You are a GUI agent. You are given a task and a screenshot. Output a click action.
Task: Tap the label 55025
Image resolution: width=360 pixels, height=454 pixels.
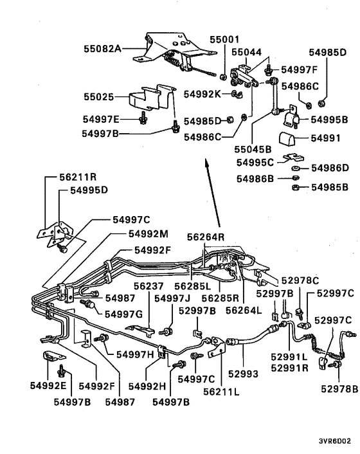click(98, 98)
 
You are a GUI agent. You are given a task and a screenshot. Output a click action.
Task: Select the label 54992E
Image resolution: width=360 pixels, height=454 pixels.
click(48, 386)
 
